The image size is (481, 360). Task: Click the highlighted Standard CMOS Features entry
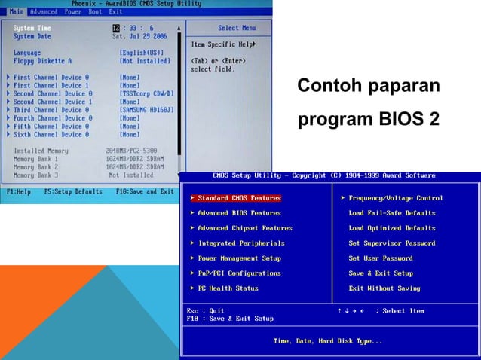tap(239, 198)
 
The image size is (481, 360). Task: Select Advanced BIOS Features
tap(239, 213)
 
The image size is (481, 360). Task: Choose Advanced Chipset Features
tap(244, 228)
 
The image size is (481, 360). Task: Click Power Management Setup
tap(239, 258)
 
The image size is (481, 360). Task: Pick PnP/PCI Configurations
tap(239, 273)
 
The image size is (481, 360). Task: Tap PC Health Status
tap(228, 288)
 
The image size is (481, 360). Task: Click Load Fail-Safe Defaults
tap(391, 213)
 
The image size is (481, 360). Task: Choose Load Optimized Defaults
tap(391, 228)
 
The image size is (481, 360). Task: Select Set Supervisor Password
tap(391, 243)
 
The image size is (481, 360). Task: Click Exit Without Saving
tap(384, 288)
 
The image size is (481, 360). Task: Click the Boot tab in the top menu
tap(95, 12)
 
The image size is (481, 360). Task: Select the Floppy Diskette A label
tap(42, 61)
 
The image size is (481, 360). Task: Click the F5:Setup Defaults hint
tap(73, 191)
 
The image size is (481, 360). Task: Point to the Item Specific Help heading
tap(222, 44)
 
